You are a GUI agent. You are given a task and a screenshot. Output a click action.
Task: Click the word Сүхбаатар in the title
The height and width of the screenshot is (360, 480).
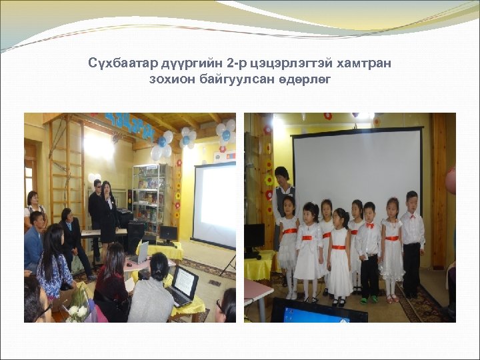(123, 63)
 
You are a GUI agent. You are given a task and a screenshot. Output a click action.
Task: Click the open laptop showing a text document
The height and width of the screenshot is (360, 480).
(183, 285)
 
